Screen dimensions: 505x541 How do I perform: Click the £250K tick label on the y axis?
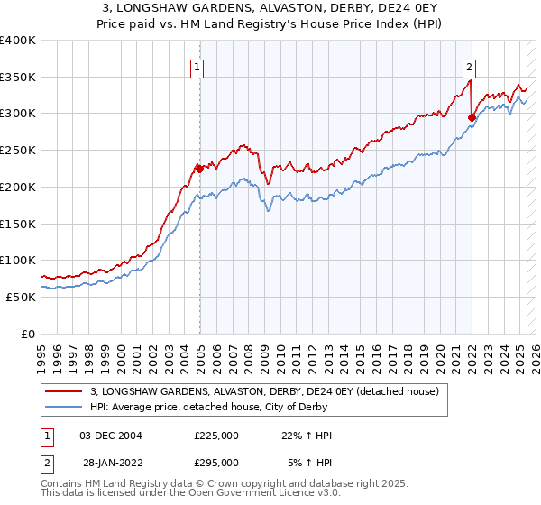17,150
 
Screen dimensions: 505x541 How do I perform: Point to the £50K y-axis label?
21,297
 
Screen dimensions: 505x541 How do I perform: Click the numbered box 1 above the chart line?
197,65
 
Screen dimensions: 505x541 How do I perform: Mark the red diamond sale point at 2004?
198,168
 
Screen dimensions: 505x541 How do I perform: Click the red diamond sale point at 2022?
472,116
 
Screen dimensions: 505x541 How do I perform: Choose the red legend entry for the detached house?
264,391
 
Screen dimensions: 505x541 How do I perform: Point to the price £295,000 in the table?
216,463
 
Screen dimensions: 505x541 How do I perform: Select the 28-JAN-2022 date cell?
110,463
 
